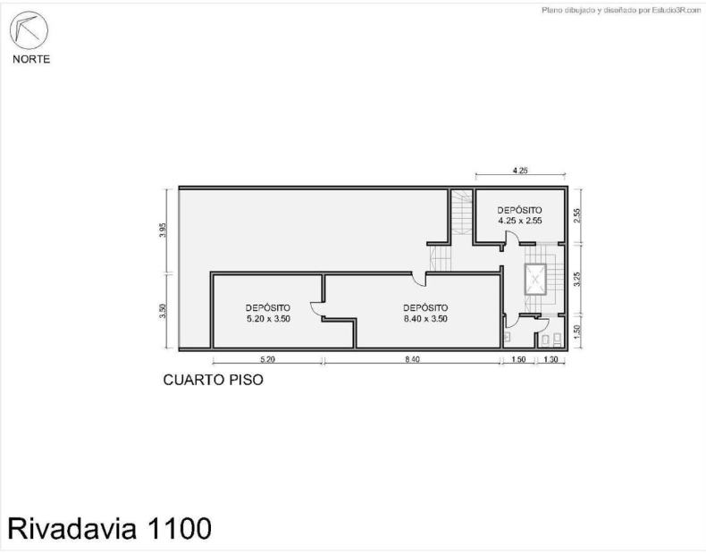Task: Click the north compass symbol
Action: click(29, 30)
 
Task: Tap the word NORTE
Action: click(31, 59)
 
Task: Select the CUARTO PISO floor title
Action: click(213, 380)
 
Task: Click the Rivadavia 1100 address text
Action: click(109, 528)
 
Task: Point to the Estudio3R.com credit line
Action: click(621, 11)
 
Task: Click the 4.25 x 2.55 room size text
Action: click(519, 221)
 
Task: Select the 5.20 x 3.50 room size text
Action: click(268, 319)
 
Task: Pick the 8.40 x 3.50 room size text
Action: click(425, 319)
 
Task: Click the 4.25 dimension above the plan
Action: click(520, 171)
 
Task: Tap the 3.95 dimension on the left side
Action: click(163, 230)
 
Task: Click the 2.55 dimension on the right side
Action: click(577, 214)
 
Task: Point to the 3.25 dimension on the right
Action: click(577, 279)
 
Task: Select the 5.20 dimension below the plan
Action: click(267, 359)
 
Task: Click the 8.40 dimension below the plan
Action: click(413, 359)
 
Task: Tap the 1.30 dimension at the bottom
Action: click(551, 359)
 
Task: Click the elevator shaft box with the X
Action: click(535, 280)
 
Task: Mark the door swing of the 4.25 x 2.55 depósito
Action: click(509, 239)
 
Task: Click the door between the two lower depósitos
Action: click(317, 310)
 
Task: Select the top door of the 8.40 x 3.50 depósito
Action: click(420, 279)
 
